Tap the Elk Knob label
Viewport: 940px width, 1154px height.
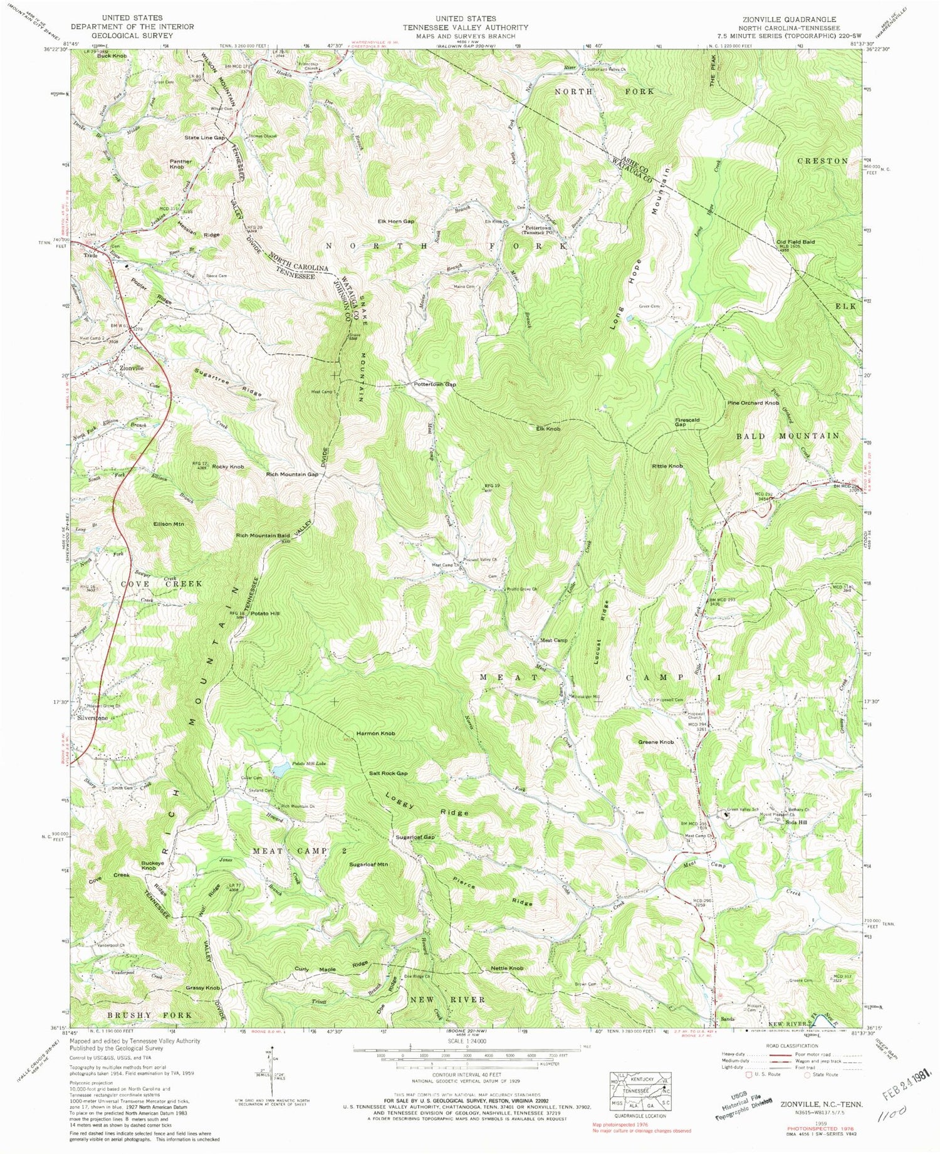(x=548, y=429)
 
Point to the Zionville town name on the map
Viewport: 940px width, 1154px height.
(x=127, y=368)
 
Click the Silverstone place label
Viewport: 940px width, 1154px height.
(x=92, y=718)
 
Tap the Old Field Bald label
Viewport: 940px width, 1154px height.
(x=795, y=241)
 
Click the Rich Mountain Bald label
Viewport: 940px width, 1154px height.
(x=263, y=536)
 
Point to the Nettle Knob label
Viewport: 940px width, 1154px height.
(x=507, y=968)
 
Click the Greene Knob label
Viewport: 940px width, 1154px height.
(x=655, y=742)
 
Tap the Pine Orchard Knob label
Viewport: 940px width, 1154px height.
(x=753, y=402)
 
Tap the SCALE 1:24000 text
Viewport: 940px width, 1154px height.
(x=467, y=1042)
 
